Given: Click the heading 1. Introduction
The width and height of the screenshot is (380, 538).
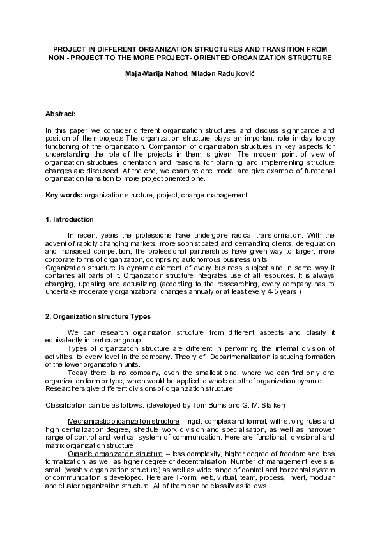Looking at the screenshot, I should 70,219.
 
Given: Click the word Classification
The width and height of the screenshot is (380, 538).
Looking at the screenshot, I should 66,405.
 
